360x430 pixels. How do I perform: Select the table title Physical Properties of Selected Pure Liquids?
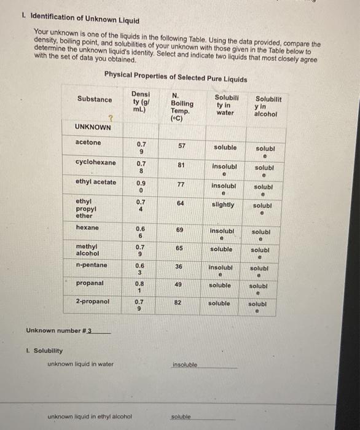point(176,79)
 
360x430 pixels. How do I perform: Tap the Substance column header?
point(95,100)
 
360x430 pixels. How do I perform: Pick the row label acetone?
point(88,143)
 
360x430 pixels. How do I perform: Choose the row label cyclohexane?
point(95,162)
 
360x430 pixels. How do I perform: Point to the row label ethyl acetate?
point(95,182)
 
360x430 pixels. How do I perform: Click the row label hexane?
point(87,227)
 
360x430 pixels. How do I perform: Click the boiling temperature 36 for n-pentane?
point(179,266)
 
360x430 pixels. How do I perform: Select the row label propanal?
point(90,283)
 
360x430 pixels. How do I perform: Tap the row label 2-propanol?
point(93,302)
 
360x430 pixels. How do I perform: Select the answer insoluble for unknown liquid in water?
point(185,364)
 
